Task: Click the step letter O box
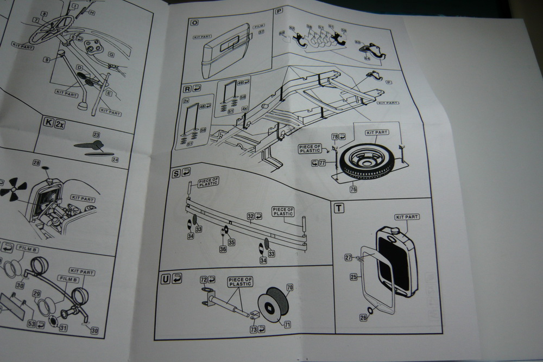click(194, 23)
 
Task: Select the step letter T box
click(339, 208)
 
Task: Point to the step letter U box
click(165, 279)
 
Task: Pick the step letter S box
click(176, 173)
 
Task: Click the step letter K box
click(48, 124)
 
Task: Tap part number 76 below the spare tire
click(353, 189)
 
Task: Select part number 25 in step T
click(353, 277)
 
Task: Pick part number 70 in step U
click(289, 287)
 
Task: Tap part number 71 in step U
click(287, 325)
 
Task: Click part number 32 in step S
click(250, 216)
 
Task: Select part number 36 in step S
click(223, 249)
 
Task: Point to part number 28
click(36, 163)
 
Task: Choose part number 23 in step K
click(97, 135)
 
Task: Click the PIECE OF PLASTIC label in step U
click(240, 281)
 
